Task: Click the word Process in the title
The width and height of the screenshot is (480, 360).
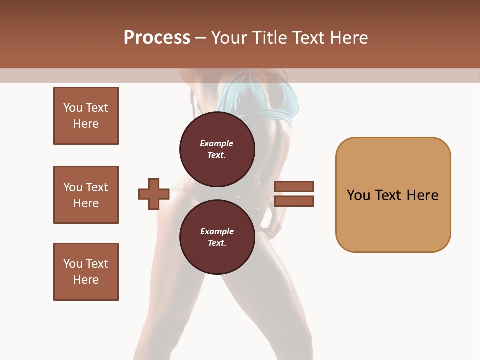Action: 157,37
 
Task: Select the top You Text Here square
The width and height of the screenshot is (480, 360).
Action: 86,116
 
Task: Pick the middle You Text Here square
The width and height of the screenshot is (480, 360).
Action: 86,195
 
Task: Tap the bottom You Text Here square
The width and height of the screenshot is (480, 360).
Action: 86,272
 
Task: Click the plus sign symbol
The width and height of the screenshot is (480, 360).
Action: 154,194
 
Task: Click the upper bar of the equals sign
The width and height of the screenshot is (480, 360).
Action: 294,186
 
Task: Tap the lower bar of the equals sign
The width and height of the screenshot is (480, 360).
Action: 294,201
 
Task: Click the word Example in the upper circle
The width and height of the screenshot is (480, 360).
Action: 217,143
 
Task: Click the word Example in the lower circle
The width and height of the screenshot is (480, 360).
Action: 217,231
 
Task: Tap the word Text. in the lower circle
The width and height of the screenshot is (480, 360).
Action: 217,243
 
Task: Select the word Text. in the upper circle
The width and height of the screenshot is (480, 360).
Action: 217,155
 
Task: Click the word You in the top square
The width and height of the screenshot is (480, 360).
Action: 73,108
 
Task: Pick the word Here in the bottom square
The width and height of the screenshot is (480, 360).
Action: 86,280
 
